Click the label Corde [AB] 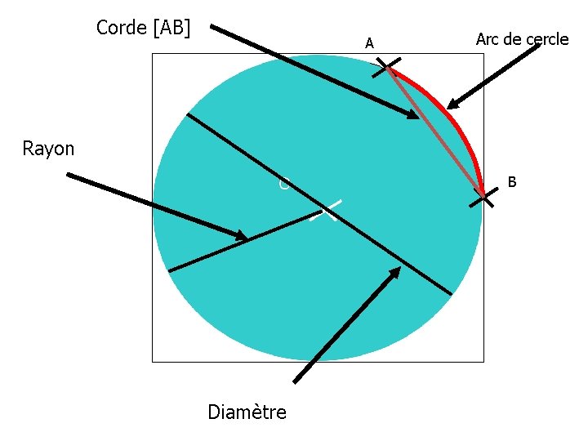click(143, 28)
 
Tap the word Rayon click(48, 149)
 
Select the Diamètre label click(247, 412)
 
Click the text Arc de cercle click(522, 38)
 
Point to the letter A click(370, 43)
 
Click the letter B click(512, 181)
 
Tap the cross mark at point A click(387, 67)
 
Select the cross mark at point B click(483, 197)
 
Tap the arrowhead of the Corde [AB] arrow click(413, 117)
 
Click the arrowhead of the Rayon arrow click(242, 237)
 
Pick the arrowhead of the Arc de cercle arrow click(452, 105)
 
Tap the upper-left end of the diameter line click(188, 114)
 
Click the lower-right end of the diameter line click(451, 293)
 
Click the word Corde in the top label click(121, 28)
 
